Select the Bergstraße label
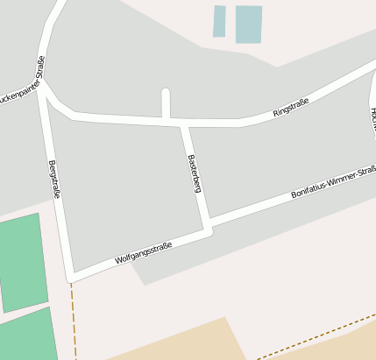coord(54,179)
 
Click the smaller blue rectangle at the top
coord(219,21)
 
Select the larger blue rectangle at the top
coord(249,24)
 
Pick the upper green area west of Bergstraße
coord(20,261)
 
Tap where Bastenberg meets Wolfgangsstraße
coord(208,230)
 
